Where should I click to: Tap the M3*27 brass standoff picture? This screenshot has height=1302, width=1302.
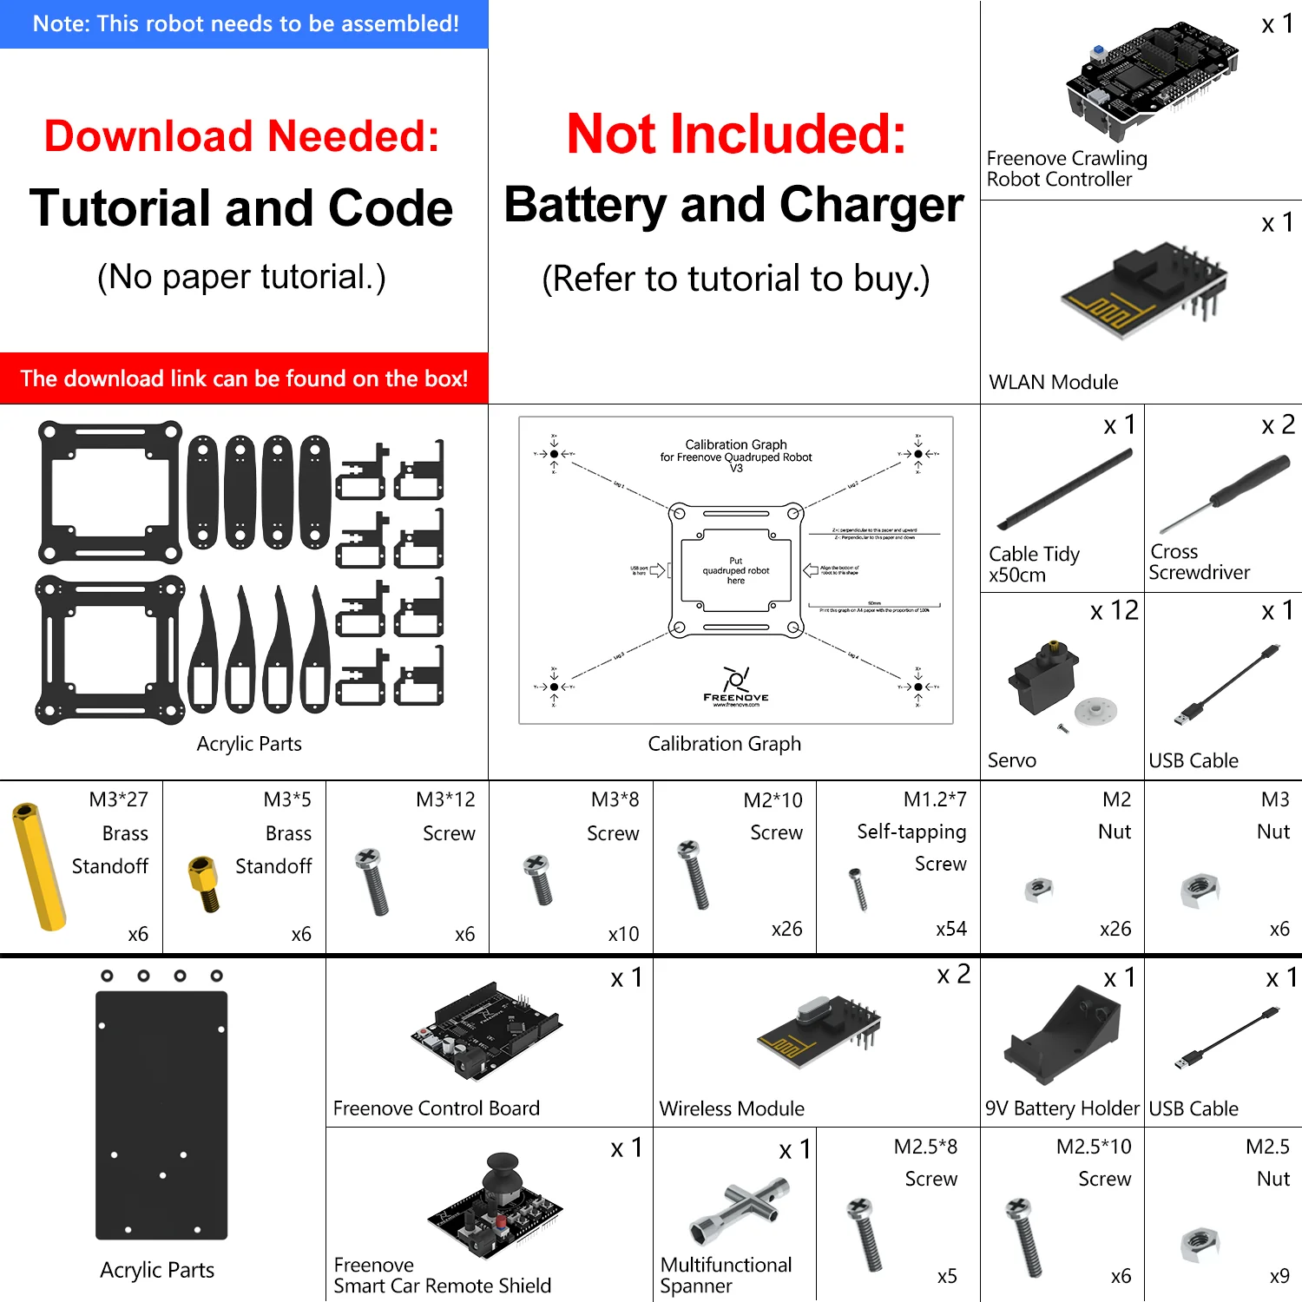pyautogui.click(x=39, y=866)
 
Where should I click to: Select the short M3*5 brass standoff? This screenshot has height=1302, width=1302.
pyautogui.click(x=205, y=883)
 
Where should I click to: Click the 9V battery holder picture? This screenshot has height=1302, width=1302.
pyautogui.click(x=1064, y=1034)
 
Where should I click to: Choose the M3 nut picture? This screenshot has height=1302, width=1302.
pyautogui.click(x=1200, y=890)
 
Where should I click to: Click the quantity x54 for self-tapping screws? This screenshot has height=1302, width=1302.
pyautogui.click(x=950, y=929)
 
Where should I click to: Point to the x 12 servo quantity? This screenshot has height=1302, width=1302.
pyautogui.click(x=1114, y=611)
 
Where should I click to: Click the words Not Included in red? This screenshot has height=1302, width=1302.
pyautogui.click(x=736, y=135)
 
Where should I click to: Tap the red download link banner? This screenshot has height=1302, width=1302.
pyautogui.click(x=244, y=378)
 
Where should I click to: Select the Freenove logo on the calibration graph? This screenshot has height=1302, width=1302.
pyautogui.click(x=736, y=686)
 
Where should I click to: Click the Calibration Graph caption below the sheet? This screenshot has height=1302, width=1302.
pyautogui.click(x=724, y=744)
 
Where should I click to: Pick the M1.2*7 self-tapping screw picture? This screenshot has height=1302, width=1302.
pyautogui.click(x=858, y=888)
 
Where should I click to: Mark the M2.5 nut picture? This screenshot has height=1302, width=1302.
pyautogui.click(x=1200, y=1244)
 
